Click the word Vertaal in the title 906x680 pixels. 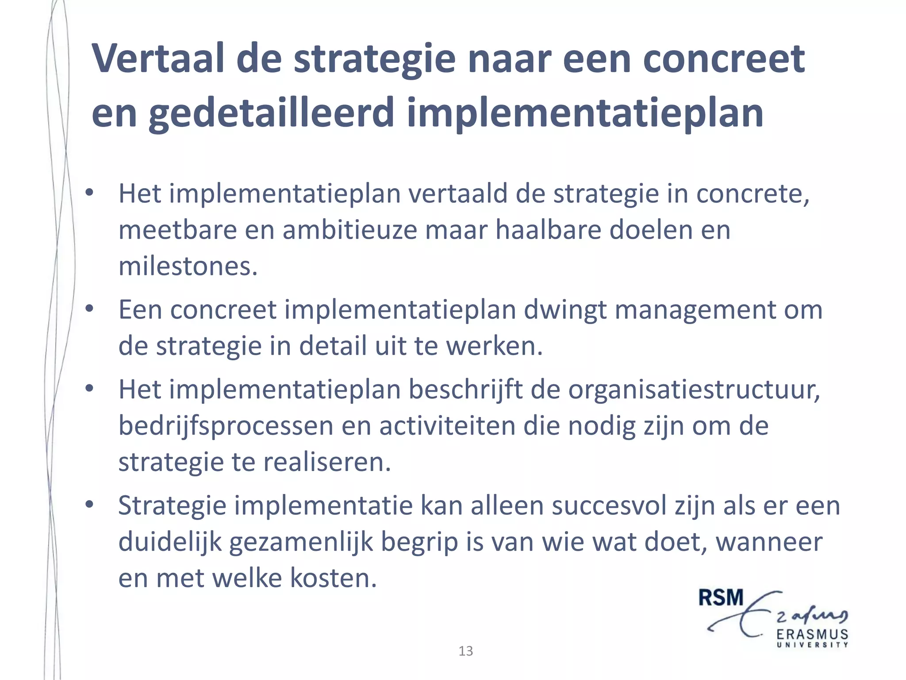[x=157, y=58]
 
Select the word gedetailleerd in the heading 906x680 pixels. [x=271, y=113]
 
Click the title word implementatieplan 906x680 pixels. [x=585, y=113]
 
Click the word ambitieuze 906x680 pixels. [x=349, y=230]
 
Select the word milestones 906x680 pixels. [x=188, y=267]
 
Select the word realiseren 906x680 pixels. [x=327, y=462]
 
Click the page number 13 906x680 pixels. [x=465, y=651]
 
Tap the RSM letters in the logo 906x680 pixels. [x=721, y=598]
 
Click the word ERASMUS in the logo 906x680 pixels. [x=812, y=634]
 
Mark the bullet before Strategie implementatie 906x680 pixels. [x=90, y=504]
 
